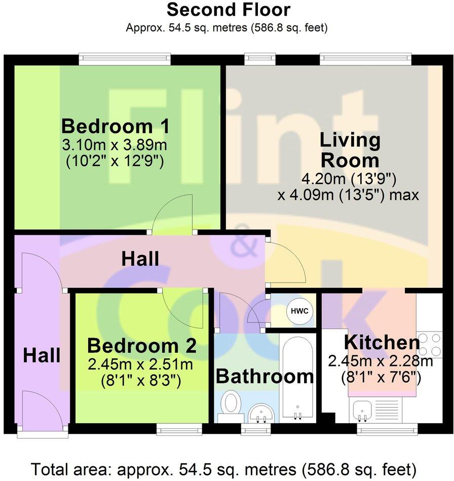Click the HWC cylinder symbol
click(299, 311)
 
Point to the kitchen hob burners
click(430, 344)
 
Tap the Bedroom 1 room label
click(116, 126)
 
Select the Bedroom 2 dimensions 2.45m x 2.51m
click(140, 364)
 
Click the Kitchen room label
click(382, 342)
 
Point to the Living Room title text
click(350, 150)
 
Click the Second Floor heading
click(229, 10)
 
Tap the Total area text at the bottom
click(224, 469)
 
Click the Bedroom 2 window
click(179, 429)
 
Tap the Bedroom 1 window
click(125, 59)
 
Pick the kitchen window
click(387, 429)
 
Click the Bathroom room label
click(265, 376)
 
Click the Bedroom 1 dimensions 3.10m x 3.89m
click(115, 145)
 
